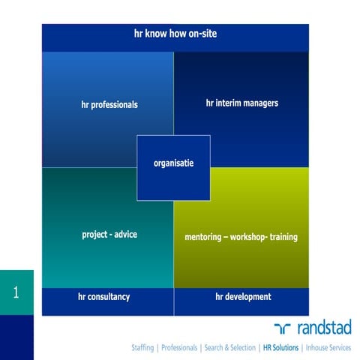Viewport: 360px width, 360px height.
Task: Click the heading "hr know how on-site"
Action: click(x=175, y=34)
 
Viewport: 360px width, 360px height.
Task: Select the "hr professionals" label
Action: click(x=109, y=105)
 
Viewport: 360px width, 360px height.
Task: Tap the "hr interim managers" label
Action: click(x=241, y=103)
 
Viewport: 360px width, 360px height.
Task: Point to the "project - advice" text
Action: click(x=109, y=235)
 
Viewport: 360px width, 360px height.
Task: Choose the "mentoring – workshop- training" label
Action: click(x=241, y=237)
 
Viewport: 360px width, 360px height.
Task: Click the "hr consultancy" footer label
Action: click(x=103, y=297)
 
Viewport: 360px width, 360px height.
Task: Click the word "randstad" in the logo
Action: click(x=325, y=328)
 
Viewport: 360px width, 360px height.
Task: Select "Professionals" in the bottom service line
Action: click(x=178, y=348)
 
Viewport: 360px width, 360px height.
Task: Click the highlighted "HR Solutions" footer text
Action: click(x=279, y=348)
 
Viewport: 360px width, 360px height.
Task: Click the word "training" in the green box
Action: click(x=281, y=237)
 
